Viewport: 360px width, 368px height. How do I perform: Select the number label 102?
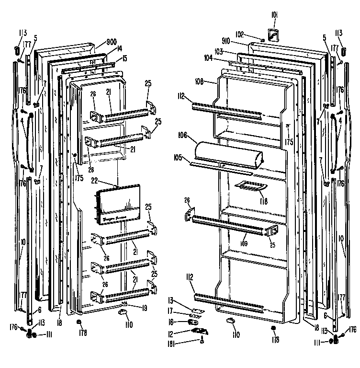click(x=239, y=34)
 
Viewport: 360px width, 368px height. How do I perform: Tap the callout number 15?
click(x=124, y=58)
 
